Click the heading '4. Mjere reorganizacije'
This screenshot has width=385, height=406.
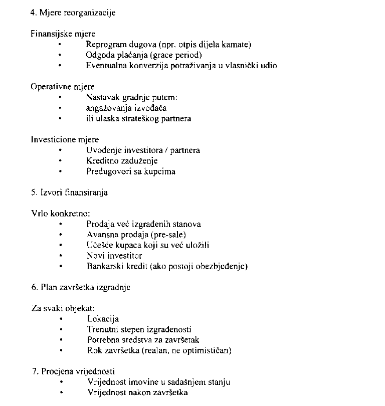tap(73, 13)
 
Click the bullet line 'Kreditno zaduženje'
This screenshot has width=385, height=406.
tap(122, 161)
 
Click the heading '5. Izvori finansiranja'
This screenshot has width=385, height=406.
tap(69, 192)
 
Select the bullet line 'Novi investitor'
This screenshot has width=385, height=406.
tap(114, 256)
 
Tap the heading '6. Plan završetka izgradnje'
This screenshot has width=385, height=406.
tap(81, 287)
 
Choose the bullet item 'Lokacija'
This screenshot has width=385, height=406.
tap(103, 319)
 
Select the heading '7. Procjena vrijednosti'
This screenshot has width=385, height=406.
tap(73, 371)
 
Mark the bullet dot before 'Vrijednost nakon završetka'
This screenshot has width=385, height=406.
tap(61, 392)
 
